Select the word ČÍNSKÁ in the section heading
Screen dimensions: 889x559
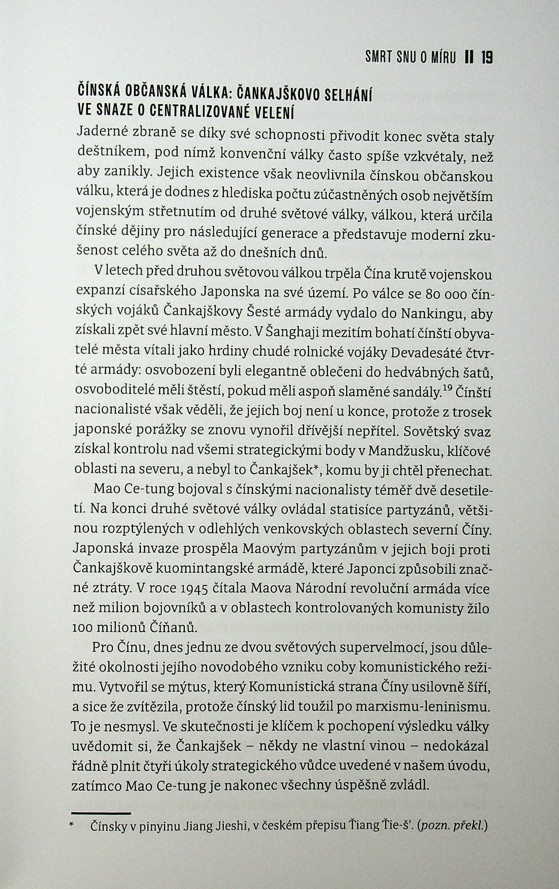coord(99,92)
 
